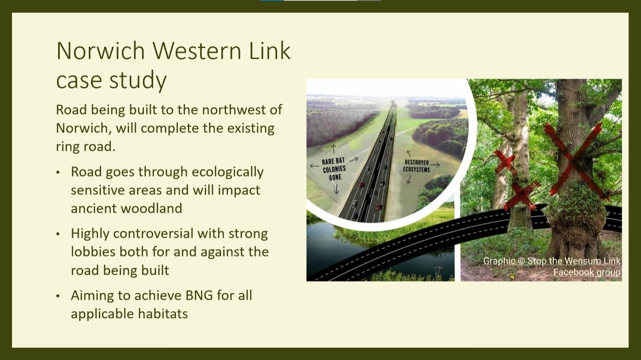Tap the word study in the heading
138,81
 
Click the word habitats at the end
163,313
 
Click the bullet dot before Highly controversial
59,234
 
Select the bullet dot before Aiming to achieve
59,296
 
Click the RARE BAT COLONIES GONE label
334,169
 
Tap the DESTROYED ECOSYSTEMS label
417,166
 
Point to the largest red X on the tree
574,161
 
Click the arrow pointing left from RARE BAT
314,166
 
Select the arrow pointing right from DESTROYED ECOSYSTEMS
435,165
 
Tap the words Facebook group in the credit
586,272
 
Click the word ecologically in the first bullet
227,172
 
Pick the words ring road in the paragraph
85,147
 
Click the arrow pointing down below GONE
337,189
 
